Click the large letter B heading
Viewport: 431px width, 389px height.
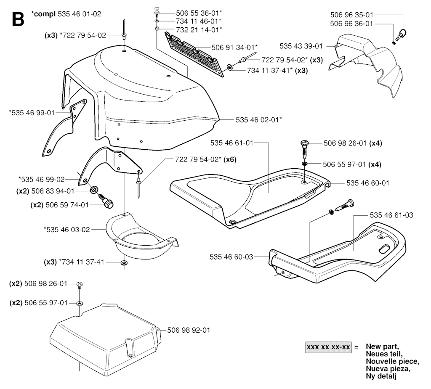tap(18, 19)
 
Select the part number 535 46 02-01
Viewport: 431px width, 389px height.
tap(259, 120)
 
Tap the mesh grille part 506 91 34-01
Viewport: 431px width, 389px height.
tap(194, 54)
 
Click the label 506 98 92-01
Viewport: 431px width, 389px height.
tap(189, 330)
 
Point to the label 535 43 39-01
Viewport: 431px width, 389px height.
tap(301, 46)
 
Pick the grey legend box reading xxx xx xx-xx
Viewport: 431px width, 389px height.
tap(328, 347)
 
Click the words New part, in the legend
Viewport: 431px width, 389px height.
tap(382, 347)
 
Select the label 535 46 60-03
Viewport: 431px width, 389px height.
tap(231, 257)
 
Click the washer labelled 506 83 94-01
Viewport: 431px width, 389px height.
tap(94, 190)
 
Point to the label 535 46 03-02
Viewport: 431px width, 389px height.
tap(67, 229)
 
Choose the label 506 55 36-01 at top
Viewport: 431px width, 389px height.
tap(199, 13)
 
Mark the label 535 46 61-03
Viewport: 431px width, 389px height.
tap(391, 215)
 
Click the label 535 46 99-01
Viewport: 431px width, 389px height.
tap(32, 113)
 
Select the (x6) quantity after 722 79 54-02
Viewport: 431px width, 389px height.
tap(230, 159)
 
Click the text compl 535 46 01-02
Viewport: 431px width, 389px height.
tap(66, 14)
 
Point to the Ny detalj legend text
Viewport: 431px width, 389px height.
tap(381, 376)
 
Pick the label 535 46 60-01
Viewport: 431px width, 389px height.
tap(368, 183)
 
